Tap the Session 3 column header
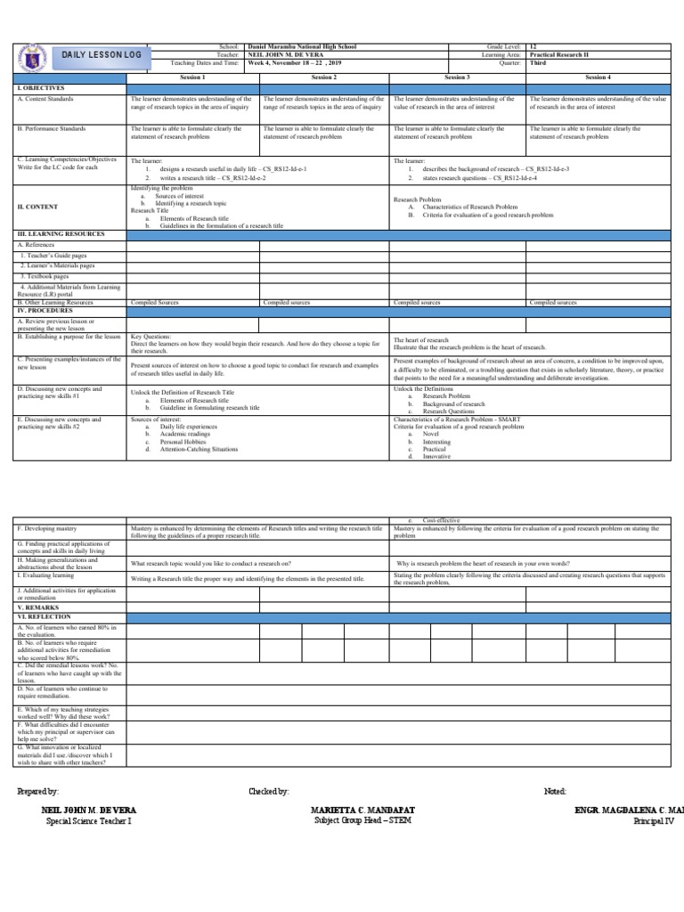point(456,77)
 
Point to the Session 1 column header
point(191,77)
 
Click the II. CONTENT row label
point(37,207)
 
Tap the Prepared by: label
point(38,791)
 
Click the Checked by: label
point(269,791)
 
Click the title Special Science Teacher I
point(88,820)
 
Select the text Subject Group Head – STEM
point(362,820)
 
